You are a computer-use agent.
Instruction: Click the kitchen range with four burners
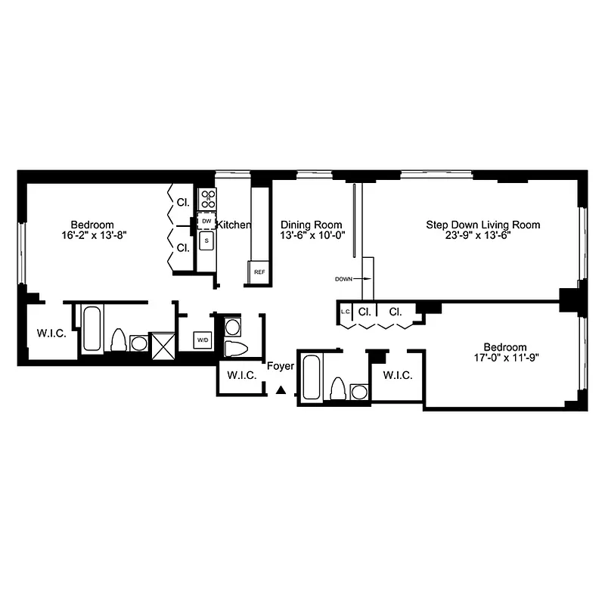click(207, 199)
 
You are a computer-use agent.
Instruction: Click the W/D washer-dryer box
click(203, 340)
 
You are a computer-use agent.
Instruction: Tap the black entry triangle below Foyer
click(281, 390)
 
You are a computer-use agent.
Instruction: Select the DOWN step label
click(344, 279)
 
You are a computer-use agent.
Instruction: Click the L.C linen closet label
click(345, 312)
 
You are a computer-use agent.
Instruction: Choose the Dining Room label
click(311, 225)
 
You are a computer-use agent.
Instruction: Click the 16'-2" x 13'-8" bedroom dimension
click(92, 235)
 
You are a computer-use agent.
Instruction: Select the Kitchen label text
click(234, 225)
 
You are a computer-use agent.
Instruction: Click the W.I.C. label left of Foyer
click(240, 376)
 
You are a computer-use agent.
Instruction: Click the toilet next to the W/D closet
click(236, 349)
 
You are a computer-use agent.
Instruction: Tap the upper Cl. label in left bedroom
click(182, 203)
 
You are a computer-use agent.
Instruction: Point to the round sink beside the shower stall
click(139, 344)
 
